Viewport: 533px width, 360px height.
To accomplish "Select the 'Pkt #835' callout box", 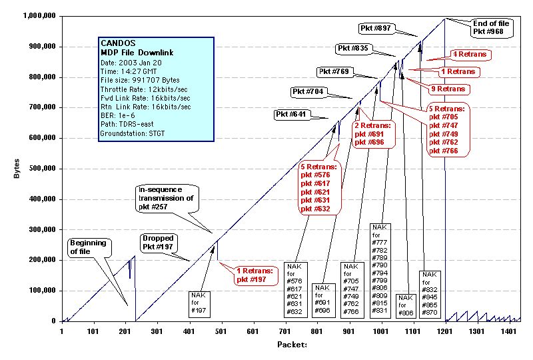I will [353, 49].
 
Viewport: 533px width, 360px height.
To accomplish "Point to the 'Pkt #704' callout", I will [308, 91].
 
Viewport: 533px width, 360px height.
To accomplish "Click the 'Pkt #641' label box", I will [291, 115].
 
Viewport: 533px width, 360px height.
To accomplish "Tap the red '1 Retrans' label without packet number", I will [458, 71].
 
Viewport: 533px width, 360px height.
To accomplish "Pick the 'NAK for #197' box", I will [199, 303].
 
